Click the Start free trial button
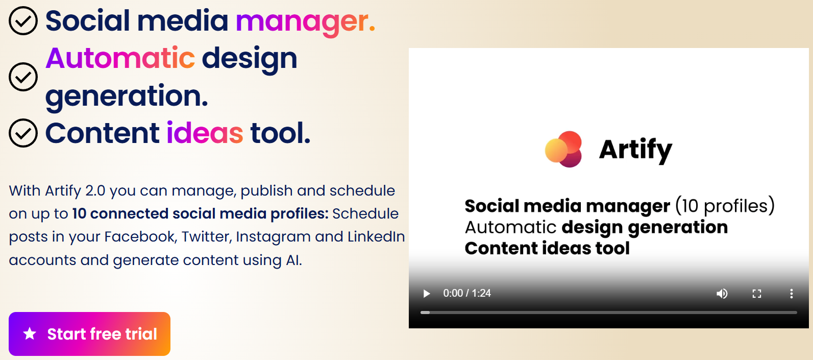89,334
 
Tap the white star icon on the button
30,334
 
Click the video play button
427,294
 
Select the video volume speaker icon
722,294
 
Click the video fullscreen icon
757,294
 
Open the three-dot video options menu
791,294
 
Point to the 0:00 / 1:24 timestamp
467,293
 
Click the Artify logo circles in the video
564,149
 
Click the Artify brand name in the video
635,150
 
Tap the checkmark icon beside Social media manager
23,21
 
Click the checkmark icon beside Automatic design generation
23,77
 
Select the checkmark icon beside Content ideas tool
23,133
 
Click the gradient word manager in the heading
305,21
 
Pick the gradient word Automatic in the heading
120,58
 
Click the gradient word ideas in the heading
205,133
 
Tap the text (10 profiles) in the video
725,206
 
